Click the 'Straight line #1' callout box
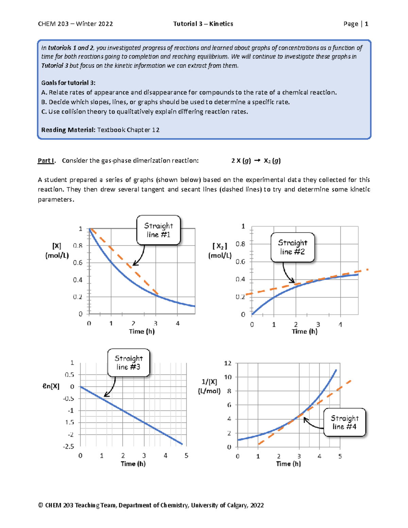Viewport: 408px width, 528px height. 158,230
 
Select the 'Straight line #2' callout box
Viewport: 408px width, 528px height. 292,247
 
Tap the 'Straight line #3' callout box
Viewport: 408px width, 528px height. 129,362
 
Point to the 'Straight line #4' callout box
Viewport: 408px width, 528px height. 344,422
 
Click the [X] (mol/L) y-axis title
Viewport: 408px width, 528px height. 57,251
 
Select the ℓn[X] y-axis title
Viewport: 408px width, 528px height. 51,386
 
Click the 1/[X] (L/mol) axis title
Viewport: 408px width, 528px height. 209,386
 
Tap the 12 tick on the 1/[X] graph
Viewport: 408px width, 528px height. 228,363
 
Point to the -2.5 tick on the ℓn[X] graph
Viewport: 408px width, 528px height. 68,446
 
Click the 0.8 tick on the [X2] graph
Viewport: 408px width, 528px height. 240,244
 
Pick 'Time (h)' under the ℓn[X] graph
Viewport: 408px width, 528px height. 133,464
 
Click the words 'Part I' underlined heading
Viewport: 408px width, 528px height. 46,160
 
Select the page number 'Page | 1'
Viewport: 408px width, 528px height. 356,24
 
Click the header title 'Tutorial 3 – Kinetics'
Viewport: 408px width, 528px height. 203,24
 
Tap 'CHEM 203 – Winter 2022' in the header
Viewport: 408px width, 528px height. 75,24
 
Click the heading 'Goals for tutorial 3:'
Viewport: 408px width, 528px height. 68,83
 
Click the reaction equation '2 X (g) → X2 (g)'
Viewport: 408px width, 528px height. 256,160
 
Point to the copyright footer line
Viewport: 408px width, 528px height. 151,505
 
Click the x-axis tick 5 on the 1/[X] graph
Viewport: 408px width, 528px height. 340,456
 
